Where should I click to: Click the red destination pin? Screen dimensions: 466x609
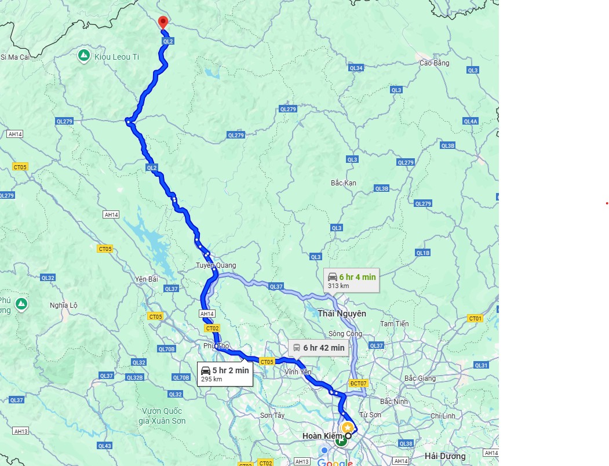pos(163,22)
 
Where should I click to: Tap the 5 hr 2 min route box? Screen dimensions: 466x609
pos(225,374)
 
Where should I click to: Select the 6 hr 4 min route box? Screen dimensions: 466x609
pos(351,281)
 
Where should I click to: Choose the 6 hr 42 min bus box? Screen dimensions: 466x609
pos(318,348)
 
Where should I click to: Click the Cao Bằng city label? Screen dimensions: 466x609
pos(434,63)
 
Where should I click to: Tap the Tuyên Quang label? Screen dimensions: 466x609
pos(215,265)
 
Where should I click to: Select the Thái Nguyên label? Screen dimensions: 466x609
pos(341,313)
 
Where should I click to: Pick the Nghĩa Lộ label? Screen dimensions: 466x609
pos(63,305)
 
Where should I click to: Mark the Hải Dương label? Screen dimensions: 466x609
pos(445,456)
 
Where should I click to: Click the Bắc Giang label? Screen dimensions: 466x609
pos(419,378)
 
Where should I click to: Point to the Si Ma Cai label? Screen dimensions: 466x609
pos(14,57)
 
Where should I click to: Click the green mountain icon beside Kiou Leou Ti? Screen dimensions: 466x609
pos(83,55)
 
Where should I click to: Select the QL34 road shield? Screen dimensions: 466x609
pos(356,68)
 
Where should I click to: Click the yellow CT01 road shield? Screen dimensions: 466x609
pos(475,318)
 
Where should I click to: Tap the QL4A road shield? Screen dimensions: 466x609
pos(470,121)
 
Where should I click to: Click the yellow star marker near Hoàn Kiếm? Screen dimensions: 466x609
pos(347,427)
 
